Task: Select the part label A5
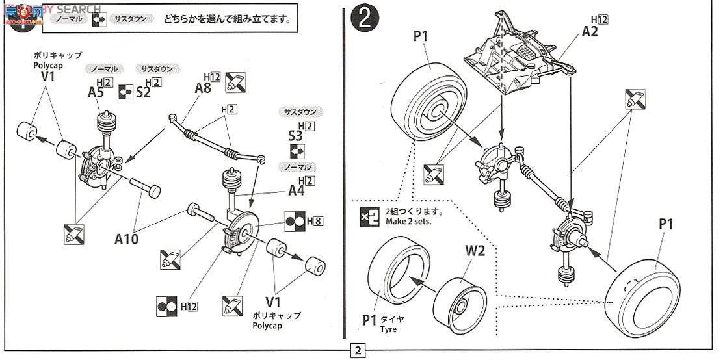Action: (x=96, y=92)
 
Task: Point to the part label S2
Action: (x=144, y=92)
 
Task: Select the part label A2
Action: (x=589, y=31)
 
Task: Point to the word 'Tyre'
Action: (x=388, y=329)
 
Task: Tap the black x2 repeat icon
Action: (x=367, y=216)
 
